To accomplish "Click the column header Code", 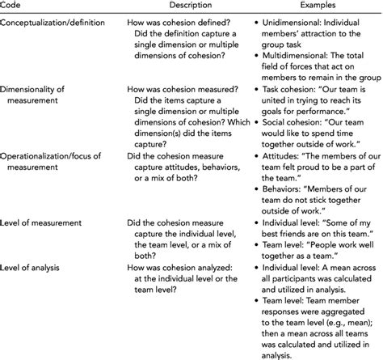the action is click(x=13, y=6).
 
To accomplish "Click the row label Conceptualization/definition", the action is click(x=54, y=24).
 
